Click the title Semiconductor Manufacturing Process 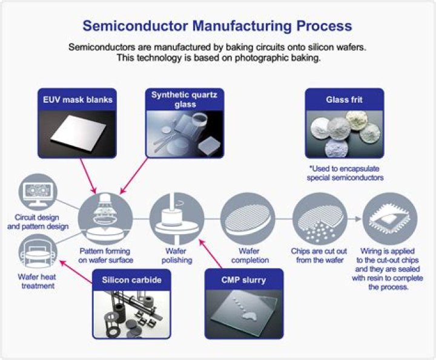click(217, 26)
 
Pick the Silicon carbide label click(131, 280)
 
